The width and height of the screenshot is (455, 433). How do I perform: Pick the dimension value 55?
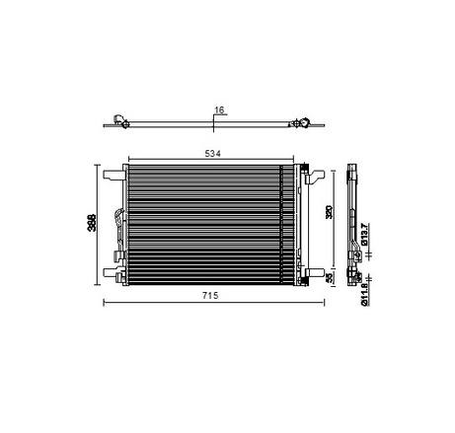tap(332, 278)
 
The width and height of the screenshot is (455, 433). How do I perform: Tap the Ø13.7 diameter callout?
tap(364, 235)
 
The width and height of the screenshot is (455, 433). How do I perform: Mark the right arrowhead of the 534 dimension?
tap(295, 161)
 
